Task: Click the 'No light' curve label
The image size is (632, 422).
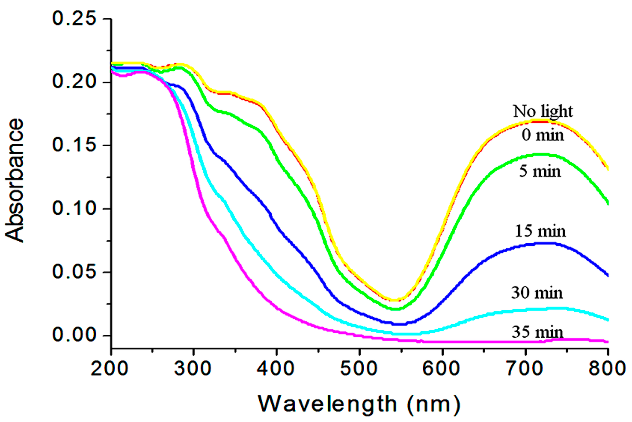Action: pos(543,111)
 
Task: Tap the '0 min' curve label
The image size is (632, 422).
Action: pos(543,135)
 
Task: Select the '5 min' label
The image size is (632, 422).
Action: pos(540,171)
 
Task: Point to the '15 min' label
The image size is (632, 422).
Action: pos(540,231)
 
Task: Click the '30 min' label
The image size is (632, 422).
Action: pos(537,292)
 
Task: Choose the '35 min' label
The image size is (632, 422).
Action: pos(537,332)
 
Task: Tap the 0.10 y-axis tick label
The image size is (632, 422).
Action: pos(74,209)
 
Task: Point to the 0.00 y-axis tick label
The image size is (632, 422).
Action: pos(74,335)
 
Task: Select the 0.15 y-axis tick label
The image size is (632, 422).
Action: pos(74,145)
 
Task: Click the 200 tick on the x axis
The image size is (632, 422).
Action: pos(109,369)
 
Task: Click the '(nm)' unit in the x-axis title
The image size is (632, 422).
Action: pos(433,404)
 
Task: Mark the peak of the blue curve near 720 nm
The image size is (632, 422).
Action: pos(544,243)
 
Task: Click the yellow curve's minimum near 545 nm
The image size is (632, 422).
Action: pos(394,300)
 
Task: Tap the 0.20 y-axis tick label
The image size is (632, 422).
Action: pos(74,82)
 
